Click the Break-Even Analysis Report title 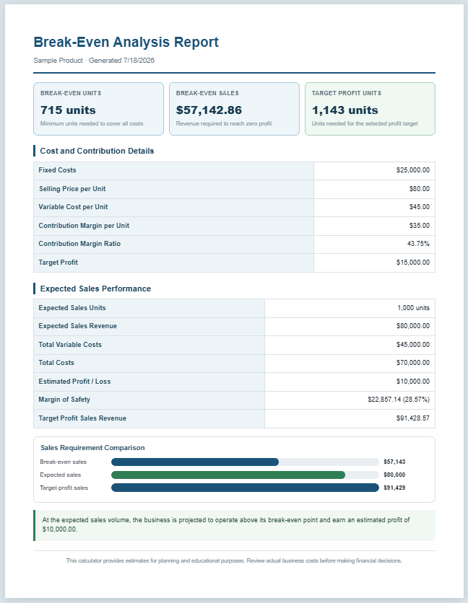pyautogui.click(x=126, y=42)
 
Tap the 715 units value pyautogui.click(x=68, y=110)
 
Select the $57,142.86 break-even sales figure pyautogui.click(x=209, y=110)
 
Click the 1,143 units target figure pyautogui.click(x=344, y=110)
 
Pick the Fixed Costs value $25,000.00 pyautogui.click(x=413, y=170)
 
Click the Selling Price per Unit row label pyautogui.click(x=72, y=189)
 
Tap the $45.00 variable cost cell pyautogui.click(x=420, y=207)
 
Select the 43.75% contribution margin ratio pyautogui.click(x=418, y=244)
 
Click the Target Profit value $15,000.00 pyautogui.click(x=413, y=263)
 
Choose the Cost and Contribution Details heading pyautogui.click(x=97, y=151)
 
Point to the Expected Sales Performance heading pyautogui.click(x=95, y=289)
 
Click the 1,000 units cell pyautogui.click(x=414, y=308)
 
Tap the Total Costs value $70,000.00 pyautogui.click(x=413, y=363)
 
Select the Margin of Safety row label pyautogui.click(x=64, y=400)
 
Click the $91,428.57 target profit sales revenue pyautogui.click(x=413, y=418)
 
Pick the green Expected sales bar pyautogui.click(x=228, y=475)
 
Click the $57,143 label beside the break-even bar pyautogui.click(x=394, y=462)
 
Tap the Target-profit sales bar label pyautogui.click(x=64, y=488)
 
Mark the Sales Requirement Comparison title pyautogui.click(x=92, y=448)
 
